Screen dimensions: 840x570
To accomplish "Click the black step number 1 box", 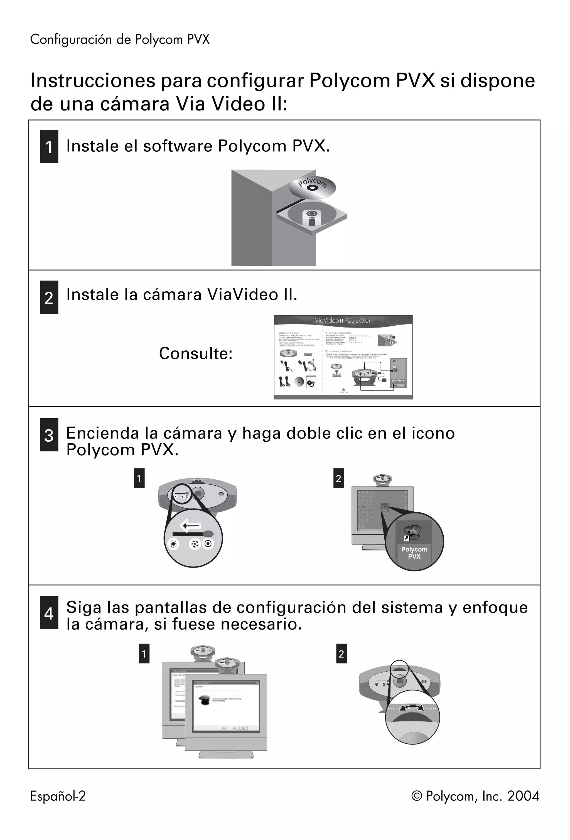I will (49, 146).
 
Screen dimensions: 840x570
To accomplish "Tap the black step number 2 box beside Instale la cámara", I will (49, 297).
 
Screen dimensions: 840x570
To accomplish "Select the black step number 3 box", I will (49, 435).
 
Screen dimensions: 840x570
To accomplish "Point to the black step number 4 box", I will (49, 613).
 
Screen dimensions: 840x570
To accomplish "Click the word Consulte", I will (196, 353).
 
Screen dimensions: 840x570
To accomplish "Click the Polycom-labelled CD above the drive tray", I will (312, 187).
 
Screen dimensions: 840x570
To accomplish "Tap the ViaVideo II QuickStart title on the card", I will (343, 321).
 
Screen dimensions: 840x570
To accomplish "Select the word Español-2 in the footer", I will (58, 796).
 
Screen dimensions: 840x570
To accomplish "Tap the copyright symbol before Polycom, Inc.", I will (417, 796).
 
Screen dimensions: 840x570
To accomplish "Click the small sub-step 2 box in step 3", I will (338, 478).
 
